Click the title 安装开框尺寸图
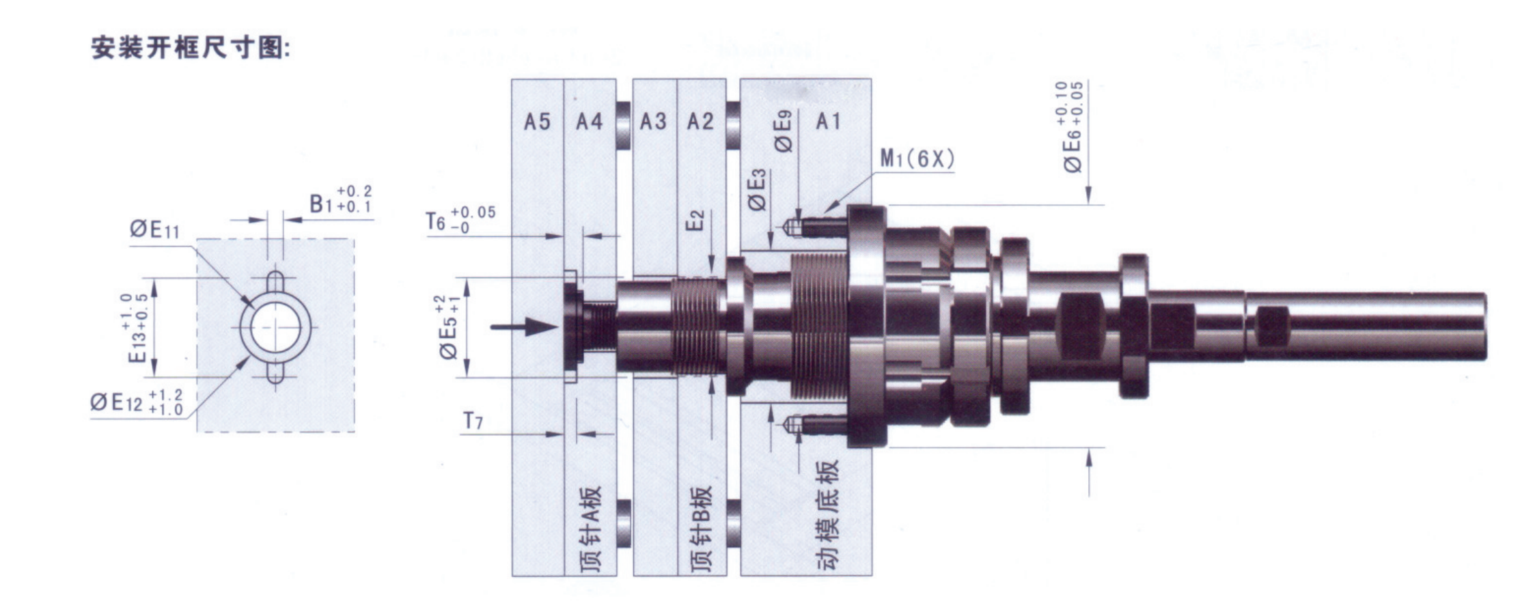pyautogui.click(x=191, y=48)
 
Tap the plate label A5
pyautogui.click(x=537, y=122)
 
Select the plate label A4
pyautogui.click(x=590, y=122)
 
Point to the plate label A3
pyautogui.click(x=652, y=122)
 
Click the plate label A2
pyautogui.click(x=700, y=122)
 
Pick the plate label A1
pyautogui.click(x=828, y=122)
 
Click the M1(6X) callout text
pyautogui.click(x=917, y=159)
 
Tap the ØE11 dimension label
pyautogui.click(x=155, y=229)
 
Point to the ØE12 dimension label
pyautogui.click(x=137, y=402)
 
